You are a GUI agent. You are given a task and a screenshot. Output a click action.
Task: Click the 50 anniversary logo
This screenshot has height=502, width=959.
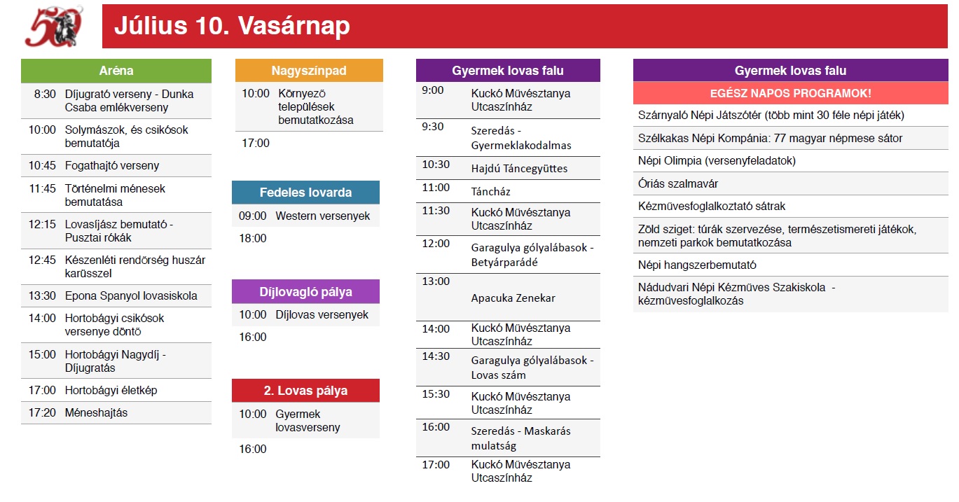point(54,26)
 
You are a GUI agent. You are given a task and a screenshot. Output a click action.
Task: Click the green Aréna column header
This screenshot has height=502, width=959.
point(116,71)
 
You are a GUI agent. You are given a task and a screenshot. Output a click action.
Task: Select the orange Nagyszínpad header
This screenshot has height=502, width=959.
point(309,71)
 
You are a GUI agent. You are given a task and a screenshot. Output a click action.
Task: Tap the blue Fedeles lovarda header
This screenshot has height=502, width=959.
point(305,192)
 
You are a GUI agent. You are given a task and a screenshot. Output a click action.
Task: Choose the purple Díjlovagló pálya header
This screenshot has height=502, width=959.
point(305,291)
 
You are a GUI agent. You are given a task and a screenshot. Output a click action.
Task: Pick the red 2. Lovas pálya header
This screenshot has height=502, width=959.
point(305,390)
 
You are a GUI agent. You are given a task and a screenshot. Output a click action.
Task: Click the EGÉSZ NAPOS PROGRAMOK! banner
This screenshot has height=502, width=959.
point(791,93)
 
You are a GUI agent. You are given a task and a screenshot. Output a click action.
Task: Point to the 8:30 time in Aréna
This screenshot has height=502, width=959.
point(45,94)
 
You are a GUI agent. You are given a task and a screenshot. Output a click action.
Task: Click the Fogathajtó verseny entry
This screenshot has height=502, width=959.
point(112,166)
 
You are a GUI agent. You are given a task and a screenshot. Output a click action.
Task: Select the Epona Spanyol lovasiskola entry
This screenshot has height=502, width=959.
point(131,295)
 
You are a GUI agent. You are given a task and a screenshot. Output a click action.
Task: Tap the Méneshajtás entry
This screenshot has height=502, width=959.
point(97,412)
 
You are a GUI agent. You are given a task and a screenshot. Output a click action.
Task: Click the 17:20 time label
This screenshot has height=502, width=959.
point(43,412)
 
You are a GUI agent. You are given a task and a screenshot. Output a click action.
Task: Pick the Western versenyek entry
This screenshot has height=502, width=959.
point(323,216)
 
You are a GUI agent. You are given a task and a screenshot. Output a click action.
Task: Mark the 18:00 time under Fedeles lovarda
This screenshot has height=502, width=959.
point(253,238)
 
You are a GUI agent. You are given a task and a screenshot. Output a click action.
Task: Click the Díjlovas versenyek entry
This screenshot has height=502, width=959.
point(322,314)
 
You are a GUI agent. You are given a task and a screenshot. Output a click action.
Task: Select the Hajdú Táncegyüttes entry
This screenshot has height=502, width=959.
point(519,169)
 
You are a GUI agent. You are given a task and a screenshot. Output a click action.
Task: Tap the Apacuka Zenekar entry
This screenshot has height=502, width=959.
point(513,298)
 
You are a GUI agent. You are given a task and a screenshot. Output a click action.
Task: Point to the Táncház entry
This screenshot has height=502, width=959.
point(490,192)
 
